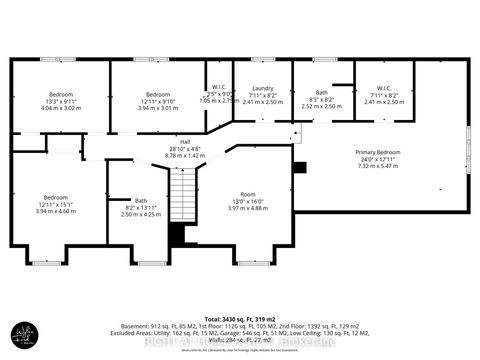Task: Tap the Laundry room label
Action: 263,88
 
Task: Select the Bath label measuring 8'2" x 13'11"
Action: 140,202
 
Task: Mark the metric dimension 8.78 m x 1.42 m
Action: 185,156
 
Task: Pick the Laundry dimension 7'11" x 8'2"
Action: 263,95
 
